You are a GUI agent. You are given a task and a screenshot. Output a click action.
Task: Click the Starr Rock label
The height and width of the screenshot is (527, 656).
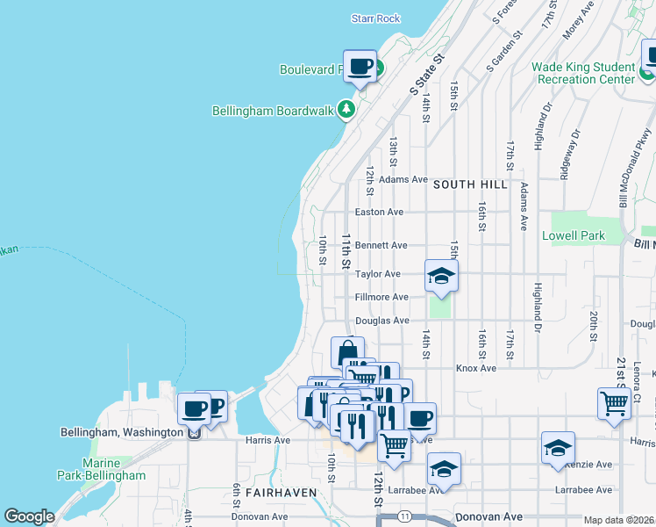(375, 18)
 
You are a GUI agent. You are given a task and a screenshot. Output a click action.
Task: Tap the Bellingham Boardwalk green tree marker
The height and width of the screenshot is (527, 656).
(347, 111)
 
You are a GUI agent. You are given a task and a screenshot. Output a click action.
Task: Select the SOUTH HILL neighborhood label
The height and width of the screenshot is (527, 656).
(469, 184)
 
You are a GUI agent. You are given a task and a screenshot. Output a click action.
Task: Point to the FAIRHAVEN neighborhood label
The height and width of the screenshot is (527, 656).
(280, 494)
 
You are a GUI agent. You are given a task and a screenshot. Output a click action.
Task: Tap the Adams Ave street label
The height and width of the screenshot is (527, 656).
(403, 179)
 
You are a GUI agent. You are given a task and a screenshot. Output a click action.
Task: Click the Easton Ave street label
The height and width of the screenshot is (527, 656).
(379, 213)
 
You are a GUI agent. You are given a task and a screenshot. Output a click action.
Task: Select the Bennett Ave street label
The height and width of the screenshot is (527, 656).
(381, 246)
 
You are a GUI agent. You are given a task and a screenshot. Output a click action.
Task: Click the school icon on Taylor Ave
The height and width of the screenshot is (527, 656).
(441, 277)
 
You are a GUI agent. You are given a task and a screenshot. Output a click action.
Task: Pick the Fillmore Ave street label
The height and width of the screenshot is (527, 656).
(381, 298)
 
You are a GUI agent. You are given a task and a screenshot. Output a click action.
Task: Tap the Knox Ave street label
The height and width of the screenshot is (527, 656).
(476, 369)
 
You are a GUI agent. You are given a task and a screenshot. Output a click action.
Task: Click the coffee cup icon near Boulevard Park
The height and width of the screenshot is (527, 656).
(360, 66)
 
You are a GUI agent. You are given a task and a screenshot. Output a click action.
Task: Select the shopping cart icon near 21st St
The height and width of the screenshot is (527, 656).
(615, 404)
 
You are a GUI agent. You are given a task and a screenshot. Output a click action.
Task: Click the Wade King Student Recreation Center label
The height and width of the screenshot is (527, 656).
(583, 73)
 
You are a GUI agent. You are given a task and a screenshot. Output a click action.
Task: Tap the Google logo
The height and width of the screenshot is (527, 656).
(29, 516)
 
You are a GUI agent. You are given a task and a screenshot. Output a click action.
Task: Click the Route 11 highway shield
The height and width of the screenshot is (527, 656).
(404, 514)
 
